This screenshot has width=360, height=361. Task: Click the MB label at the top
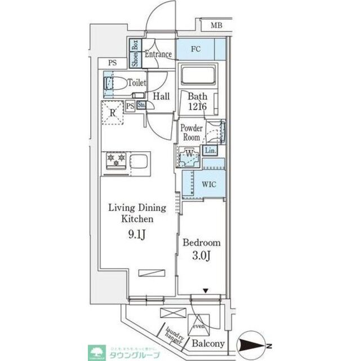[x=216, y=26]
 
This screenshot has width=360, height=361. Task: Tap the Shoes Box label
[x=135, y=54]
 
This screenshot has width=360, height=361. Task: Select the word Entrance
[x=158, y=55]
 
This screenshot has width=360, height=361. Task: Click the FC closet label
[x=195, y=49]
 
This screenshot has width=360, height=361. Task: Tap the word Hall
[x=161, y=96]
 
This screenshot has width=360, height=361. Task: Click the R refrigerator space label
[x=113, y=112]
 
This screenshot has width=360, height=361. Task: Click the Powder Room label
[x=191, y=133]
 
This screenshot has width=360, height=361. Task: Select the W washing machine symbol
[x=189, y=154]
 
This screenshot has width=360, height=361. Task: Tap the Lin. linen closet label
[x=210, y=151]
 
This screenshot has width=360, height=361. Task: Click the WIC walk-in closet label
[x=202, y=183]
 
